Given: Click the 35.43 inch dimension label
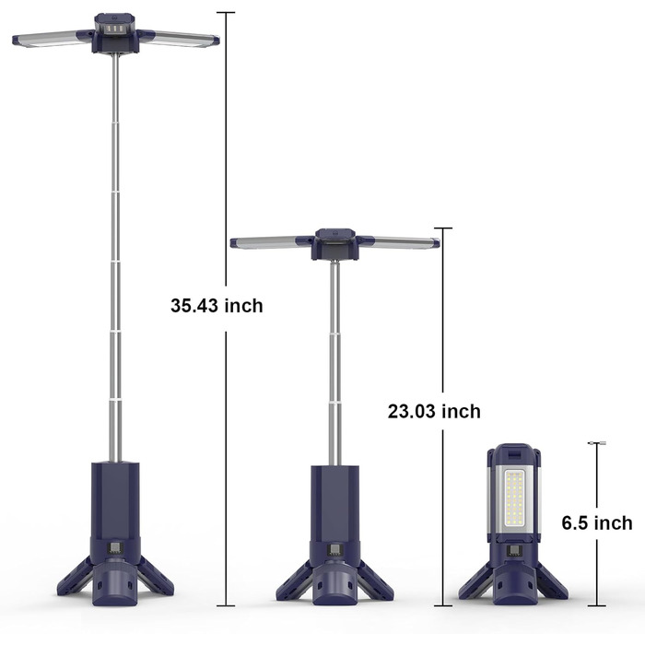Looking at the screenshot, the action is [217, 306].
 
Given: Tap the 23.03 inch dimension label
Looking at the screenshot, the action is [434, 411].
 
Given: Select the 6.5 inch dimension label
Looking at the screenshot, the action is [597, 523].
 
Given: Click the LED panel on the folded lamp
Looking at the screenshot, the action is [514, 498].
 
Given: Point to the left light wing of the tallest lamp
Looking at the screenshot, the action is [53, 39].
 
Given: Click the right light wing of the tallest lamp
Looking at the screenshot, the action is [179, 39].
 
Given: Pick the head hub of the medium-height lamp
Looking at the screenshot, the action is [334, 245].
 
